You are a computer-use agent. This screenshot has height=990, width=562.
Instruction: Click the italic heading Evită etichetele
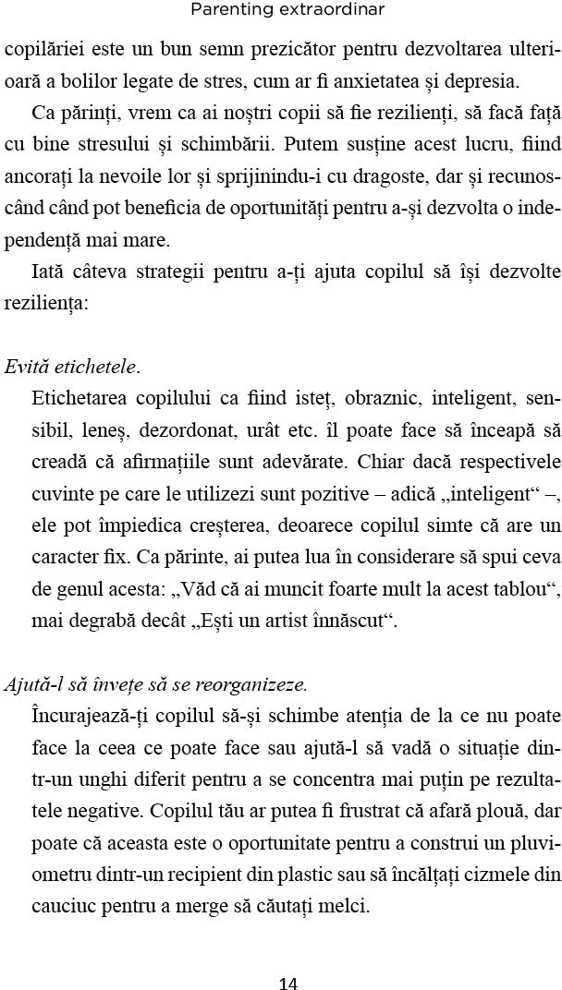tap(71, 368)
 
